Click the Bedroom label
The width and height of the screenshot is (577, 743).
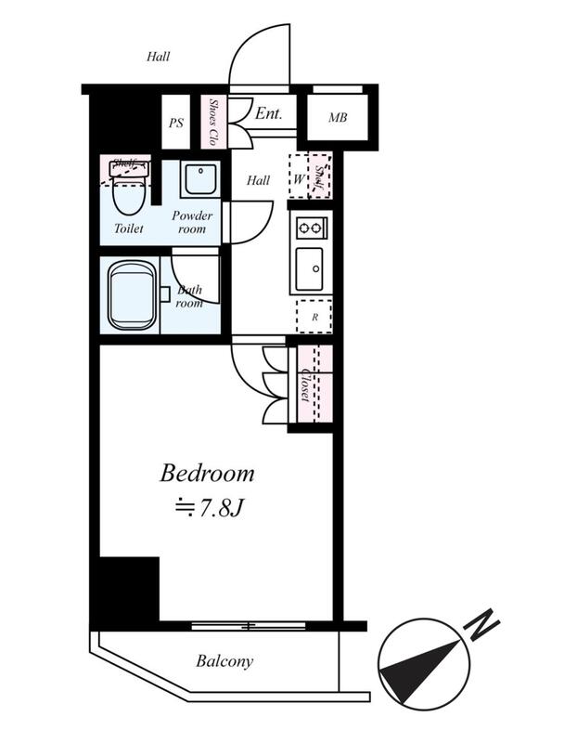[x=207, y=474]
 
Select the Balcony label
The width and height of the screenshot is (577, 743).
[x=224, y=661]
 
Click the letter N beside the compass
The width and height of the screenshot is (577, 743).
[x=481, y=623]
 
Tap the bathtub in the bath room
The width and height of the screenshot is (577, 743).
[x=132, y=294]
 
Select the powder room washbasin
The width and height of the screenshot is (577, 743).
[x=200, y=179]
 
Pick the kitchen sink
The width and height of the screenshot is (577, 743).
[x=310, y=269]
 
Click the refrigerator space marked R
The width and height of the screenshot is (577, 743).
[x=314, y=316]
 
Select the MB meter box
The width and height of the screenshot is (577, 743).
[x=338, y=117]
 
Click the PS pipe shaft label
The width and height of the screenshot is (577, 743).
[x=176, y=124]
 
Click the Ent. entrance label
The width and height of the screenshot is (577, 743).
[x=268, y=113]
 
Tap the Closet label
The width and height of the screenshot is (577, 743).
[x=305, y=385]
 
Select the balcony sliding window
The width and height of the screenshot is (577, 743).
[x=249, y=626]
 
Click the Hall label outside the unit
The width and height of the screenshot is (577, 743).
[x=158, y=57]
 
